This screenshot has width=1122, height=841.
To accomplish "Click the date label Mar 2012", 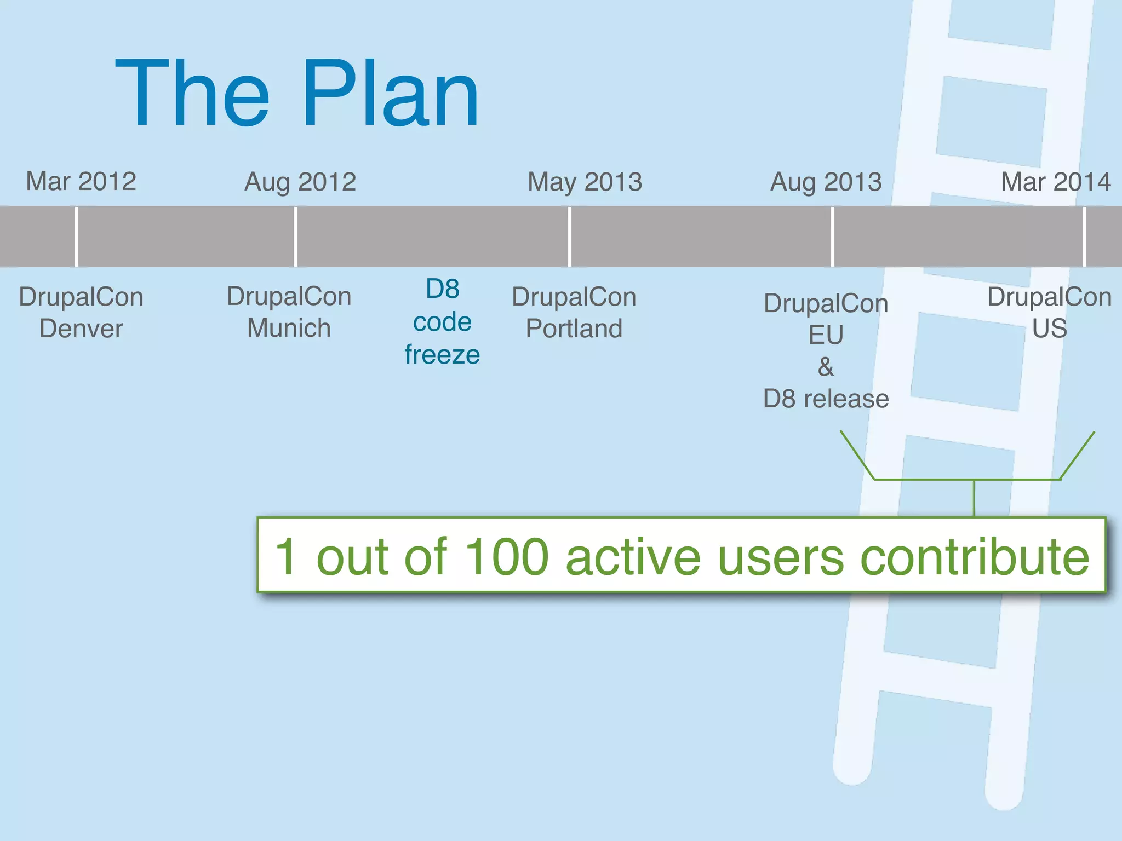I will tap(81, 181).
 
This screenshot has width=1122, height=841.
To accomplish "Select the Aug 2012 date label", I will tap(300, 182).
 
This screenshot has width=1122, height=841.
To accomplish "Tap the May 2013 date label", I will tap(585, 182).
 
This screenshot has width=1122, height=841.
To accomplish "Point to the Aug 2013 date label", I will tap(826, 182).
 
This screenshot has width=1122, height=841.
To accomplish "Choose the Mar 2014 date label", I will tap(1056, 182).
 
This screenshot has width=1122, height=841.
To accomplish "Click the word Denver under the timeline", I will tap(81, 329).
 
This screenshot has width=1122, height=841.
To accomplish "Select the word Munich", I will tap(289, 328).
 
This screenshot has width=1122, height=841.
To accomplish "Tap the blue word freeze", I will tap(442, 355).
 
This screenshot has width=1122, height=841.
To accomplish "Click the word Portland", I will tap(574, 329).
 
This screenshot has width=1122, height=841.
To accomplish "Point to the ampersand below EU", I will tap(826, 367).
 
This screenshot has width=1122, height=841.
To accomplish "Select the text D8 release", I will tap(826, 399).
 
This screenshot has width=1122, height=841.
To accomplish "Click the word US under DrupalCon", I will tap(1049, 329).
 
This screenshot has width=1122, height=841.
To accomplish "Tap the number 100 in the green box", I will tap(506, 557).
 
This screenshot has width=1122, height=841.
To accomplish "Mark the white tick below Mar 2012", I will tap(77, 237).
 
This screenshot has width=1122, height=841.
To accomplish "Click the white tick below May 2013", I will tap(570, 237).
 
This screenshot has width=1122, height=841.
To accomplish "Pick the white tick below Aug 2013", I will tap(832, 237).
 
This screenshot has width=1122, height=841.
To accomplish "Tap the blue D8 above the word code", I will tap(442, 289).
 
